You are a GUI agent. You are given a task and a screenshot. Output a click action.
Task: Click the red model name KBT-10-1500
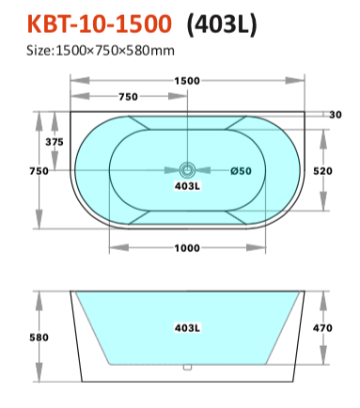100,24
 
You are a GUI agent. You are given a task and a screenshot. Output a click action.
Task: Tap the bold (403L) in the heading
222,24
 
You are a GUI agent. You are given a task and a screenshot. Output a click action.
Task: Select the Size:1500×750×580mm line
101,51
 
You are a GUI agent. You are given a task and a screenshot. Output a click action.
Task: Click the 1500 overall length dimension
187,81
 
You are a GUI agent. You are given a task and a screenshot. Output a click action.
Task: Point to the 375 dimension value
55,142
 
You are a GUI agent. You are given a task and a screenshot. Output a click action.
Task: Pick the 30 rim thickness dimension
336,115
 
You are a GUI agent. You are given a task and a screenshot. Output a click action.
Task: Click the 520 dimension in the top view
322,171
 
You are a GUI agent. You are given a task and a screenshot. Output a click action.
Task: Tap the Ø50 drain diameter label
241,171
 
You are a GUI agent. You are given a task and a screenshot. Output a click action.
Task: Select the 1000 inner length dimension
187,248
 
